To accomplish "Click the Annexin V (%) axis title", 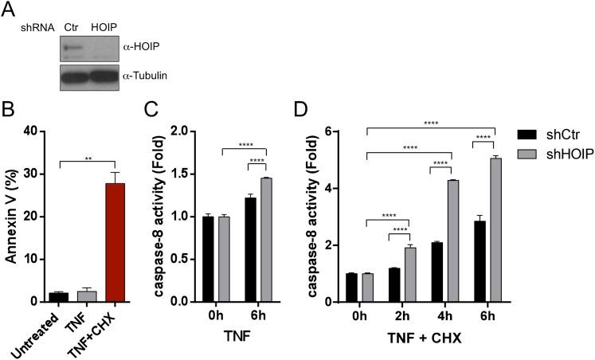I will click(12, 215).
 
